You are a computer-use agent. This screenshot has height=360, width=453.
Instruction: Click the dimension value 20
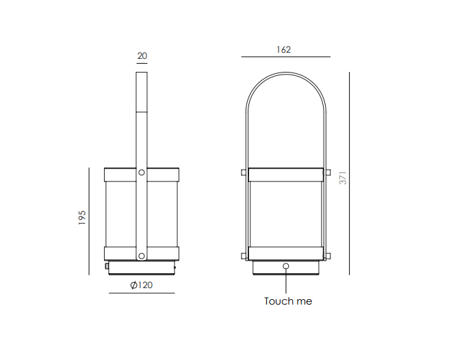point(142,55)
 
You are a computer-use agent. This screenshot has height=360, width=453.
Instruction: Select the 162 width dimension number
point(283,50)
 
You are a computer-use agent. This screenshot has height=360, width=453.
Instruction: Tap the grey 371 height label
point(343,178)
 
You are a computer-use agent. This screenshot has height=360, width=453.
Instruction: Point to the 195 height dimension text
point(82,218)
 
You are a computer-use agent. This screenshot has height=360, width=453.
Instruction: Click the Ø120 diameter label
point(141,285)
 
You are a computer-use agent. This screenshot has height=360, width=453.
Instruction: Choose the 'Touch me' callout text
point(288,301)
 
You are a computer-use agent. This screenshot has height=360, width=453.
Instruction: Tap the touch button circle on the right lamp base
point(286,266)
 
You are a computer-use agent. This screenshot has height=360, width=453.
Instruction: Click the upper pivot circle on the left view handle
point(142,172)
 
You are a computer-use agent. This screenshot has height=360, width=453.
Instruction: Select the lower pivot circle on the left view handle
point(142,256)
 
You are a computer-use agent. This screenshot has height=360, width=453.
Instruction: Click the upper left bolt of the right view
point(244,172)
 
